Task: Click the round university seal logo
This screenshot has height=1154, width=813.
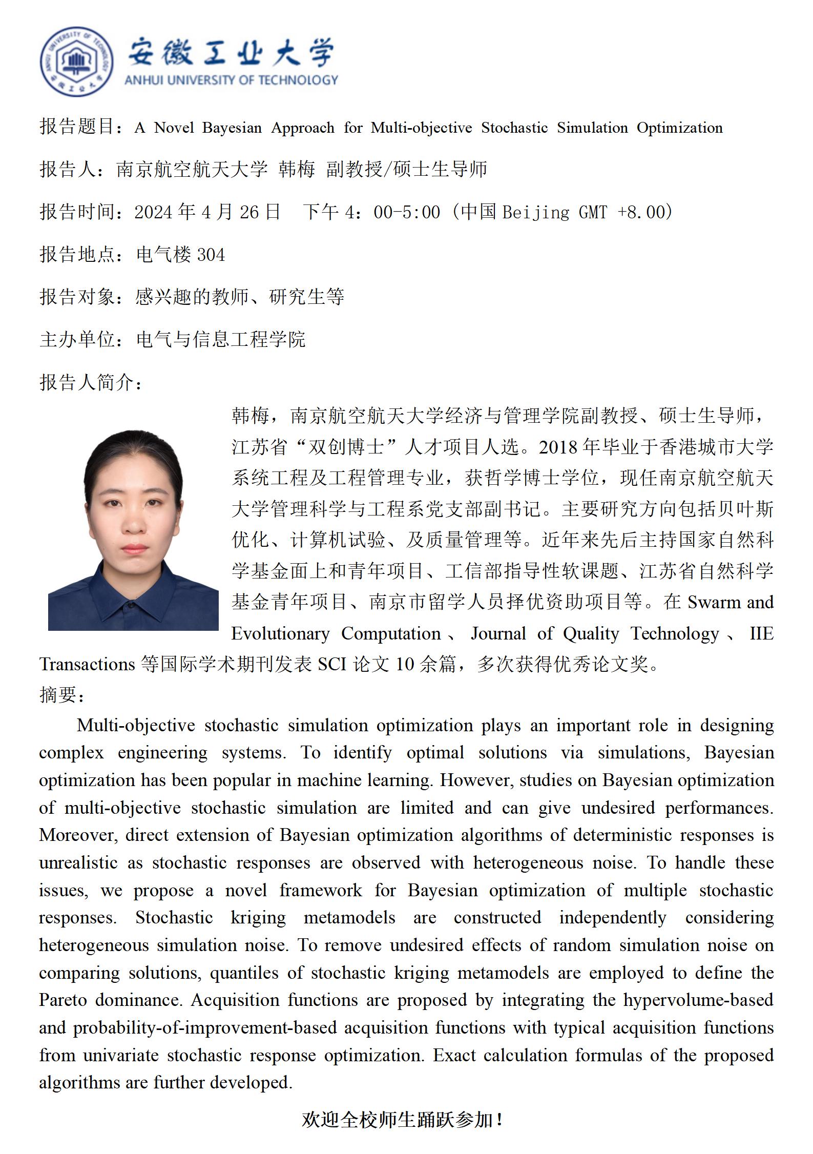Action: (x=77, y=61)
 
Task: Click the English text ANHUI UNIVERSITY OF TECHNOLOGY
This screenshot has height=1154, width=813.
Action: (x=231, y=80)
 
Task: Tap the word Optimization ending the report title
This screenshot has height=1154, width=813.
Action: (x=679, y=128)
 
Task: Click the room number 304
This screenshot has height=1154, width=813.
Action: (x=211, y=255)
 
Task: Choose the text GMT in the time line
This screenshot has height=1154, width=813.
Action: (x=593, y=212)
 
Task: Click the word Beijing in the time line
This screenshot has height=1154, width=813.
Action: (x=536, y=212)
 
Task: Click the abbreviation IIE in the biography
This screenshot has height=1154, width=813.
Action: (x=761, y=633)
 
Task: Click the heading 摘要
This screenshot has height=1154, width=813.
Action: (x=61, y=695)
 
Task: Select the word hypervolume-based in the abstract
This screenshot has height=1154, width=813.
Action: (x=698, y=1000)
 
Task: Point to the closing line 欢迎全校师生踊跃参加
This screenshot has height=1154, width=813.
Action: (x=403, y=1120)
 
